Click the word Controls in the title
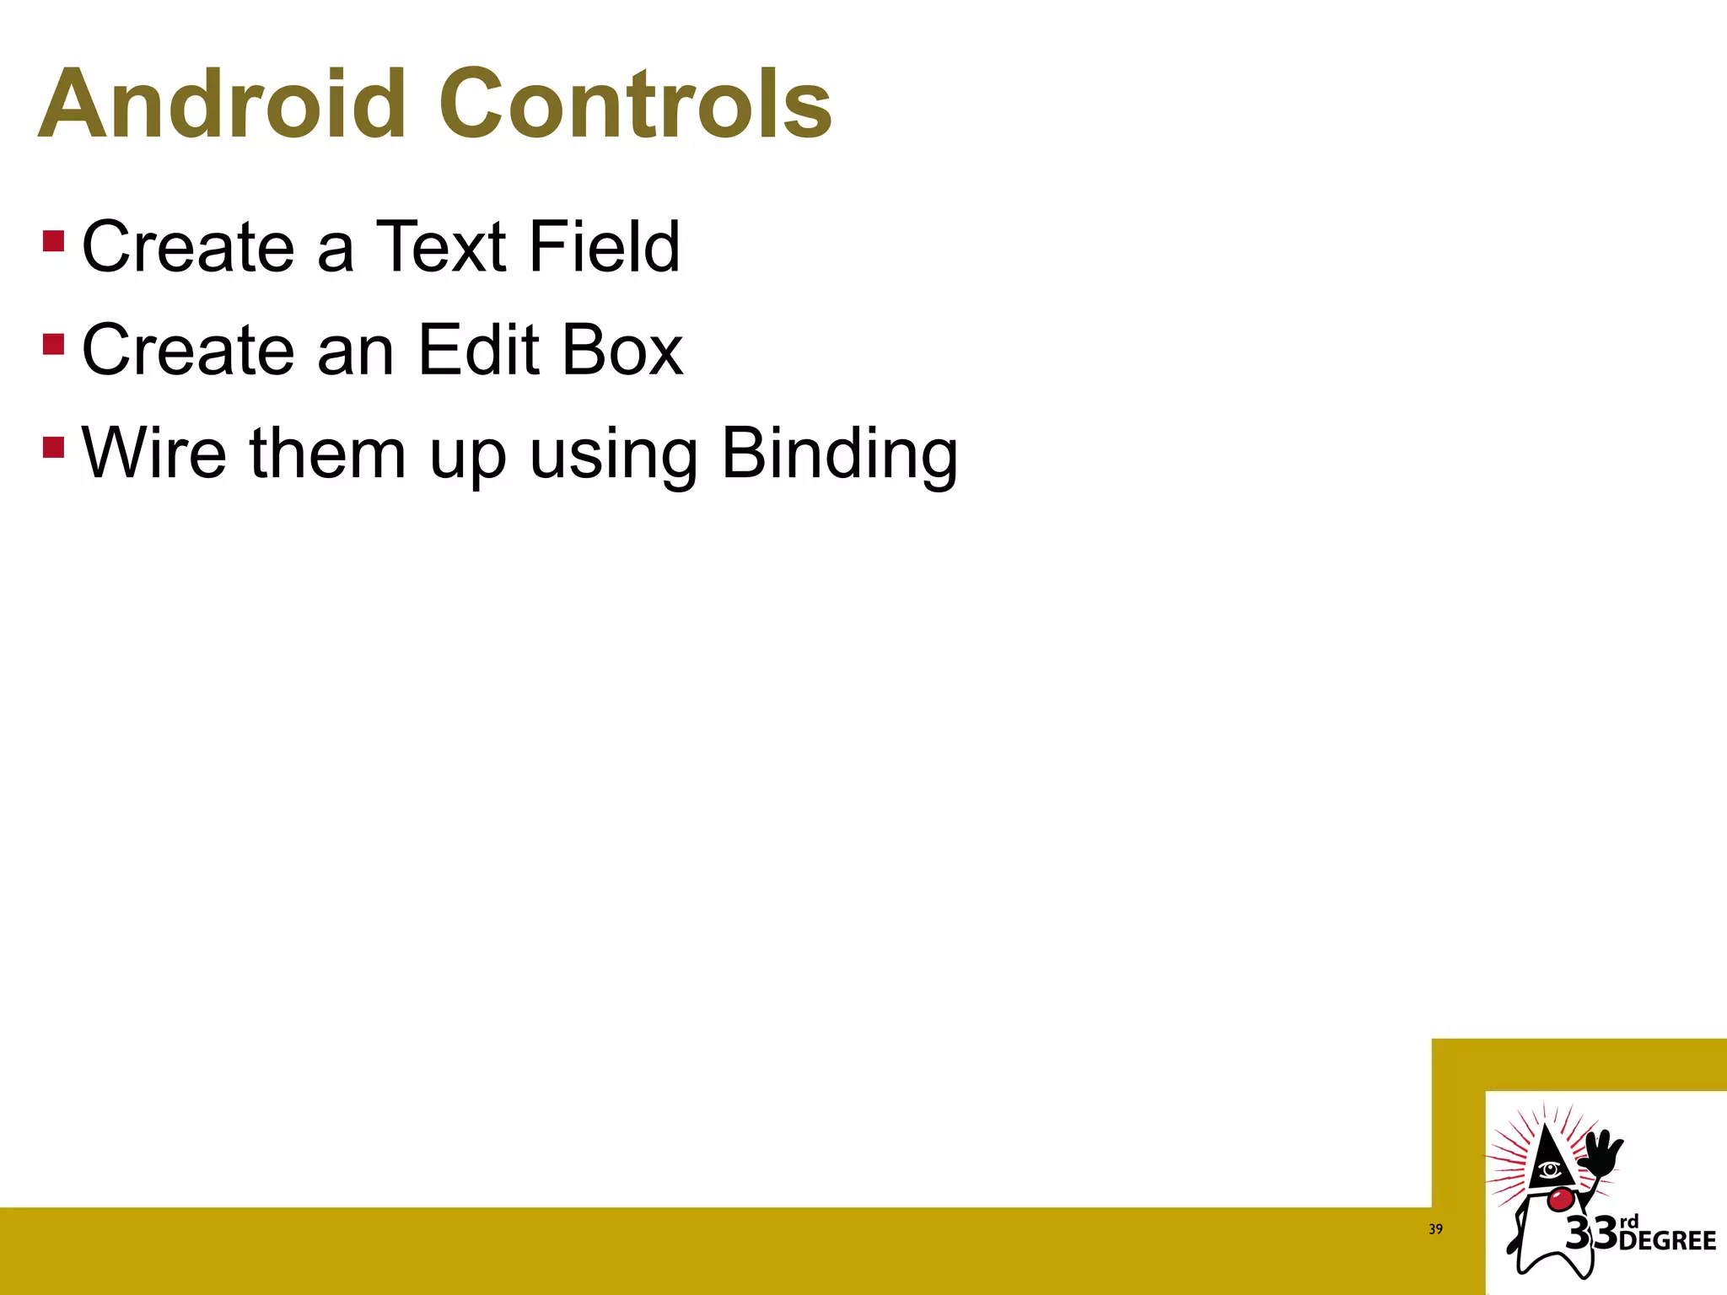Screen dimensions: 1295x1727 tap(635, 105)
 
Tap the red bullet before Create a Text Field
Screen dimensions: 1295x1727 tap(53, 241)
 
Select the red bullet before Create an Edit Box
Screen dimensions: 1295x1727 tap(53, 345)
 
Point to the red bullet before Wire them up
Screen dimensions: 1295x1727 tap(53, 447)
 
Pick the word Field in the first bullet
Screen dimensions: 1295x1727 tap(605, 246)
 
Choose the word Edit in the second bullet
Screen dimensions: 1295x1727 tap(478, 350)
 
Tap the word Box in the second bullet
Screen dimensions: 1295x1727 tap(622, 350)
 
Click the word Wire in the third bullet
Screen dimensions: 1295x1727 tap(154, 454)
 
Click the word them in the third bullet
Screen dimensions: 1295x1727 tap(328, 454)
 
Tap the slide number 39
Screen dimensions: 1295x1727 tap(1435, 1229)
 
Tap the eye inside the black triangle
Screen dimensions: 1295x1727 tap(1549, 1169)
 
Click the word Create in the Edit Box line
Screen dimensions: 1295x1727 tap(188, 350)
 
